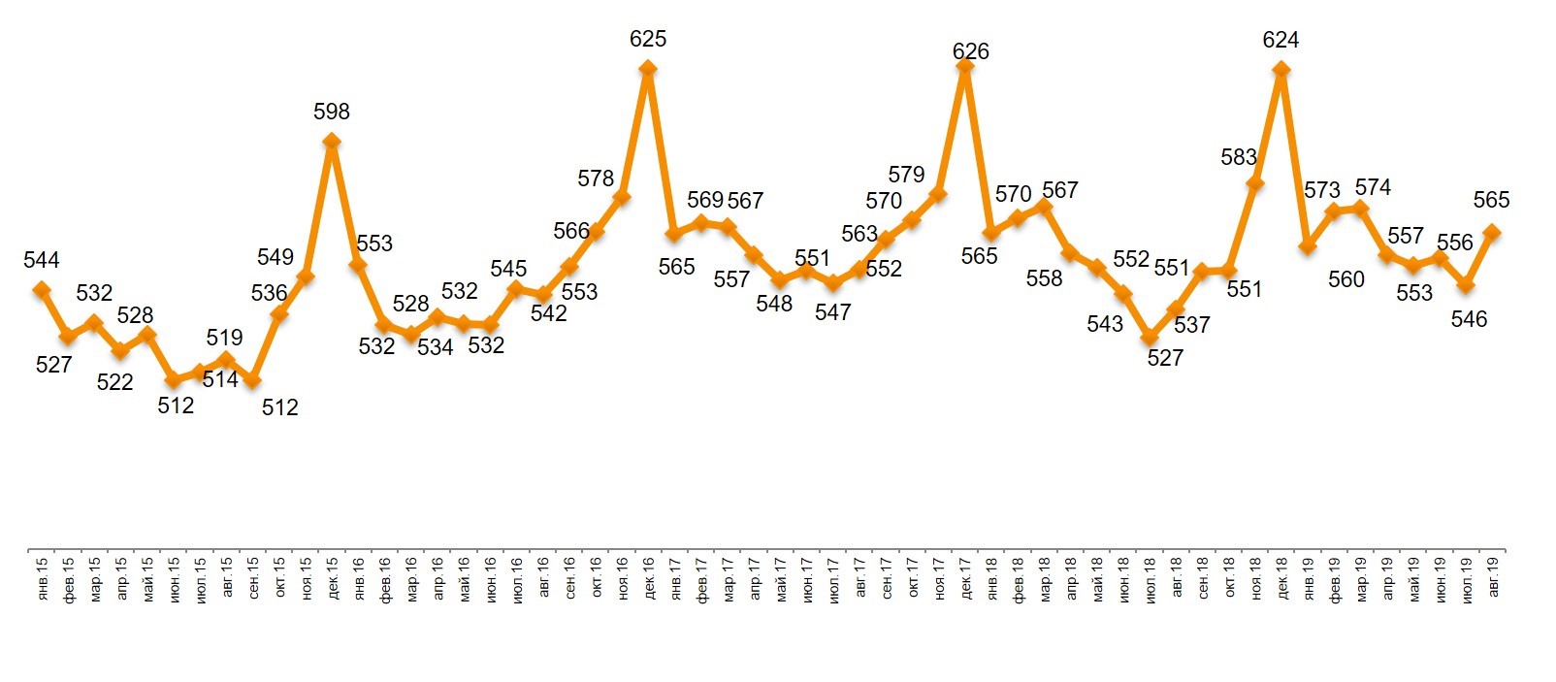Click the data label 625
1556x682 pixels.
click(648, 40)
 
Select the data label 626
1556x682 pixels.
click(970, 51)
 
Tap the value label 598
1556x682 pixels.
click(332, 113)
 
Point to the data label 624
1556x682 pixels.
click(1280, 41)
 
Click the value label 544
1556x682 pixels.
click(42, 260)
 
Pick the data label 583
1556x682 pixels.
click(1239, 157)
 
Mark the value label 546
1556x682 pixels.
click(1469, 319)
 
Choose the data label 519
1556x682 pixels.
click(224, 338)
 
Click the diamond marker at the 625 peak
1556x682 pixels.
click(648, 69)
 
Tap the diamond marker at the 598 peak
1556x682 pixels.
click(332, 141)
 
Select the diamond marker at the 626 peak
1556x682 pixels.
click(964, 65)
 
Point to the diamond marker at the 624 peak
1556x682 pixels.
click(1280, 69)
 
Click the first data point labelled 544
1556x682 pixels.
click(42, 289)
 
